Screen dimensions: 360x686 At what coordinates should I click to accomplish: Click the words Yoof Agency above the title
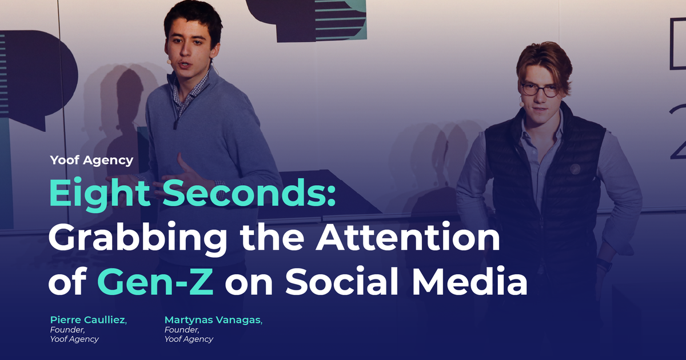91,160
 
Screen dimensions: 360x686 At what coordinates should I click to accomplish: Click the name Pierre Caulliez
88,320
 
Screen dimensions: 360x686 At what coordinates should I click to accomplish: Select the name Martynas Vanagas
213,320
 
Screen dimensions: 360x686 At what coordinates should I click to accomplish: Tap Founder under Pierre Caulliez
67,330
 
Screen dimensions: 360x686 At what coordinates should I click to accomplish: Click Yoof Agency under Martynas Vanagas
189,339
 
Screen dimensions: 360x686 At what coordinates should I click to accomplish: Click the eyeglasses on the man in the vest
539,90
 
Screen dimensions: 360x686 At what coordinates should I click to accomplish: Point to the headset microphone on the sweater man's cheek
169,59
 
